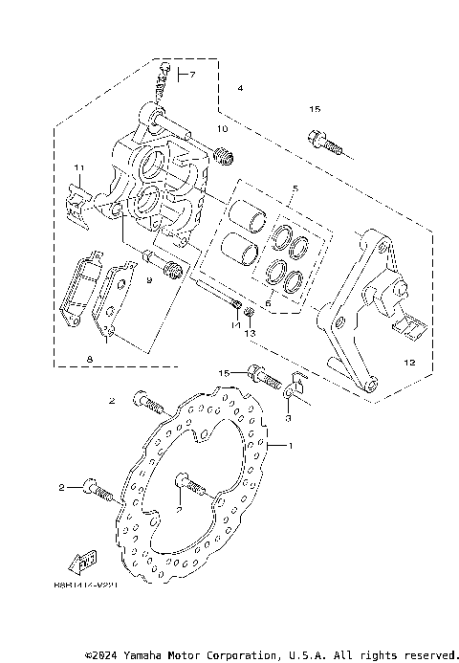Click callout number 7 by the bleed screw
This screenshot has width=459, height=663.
[x=190, y=75]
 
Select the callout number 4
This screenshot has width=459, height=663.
[x=240, y=88]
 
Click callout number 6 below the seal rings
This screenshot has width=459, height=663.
[x=268, y=303]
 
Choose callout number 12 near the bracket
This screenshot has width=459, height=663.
[x=409, y=363]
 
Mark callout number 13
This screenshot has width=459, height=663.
[x=251, y=334]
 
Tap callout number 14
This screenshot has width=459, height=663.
[x=232, y=327]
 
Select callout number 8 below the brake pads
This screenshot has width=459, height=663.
[x=89, y=360]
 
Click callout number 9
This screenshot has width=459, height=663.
[x=149, y=280]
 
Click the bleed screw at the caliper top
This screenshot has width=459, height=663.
[x=164, y=83]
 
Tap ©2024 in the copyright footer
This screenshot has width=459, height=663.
[x=100, y=655]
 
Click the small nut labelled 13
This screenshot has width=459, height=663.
[x=248, y=313]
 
